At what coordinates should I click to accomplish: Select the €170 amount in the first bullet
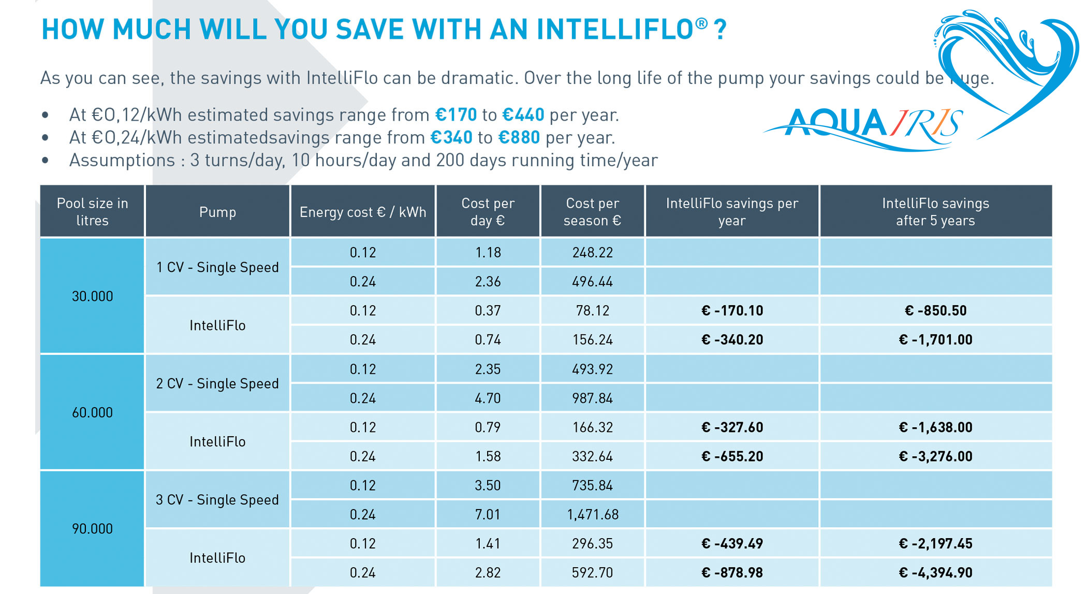pos(456,114)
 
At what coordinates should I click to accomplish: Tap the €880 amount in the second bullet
pos(519,137)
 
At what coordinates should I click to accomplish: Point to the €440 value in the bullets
pos(523,114)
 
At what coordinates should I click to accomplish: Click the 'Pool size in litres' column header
pos(92,212)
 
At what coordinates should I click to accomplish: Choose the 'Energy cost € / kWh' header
pos(362,212)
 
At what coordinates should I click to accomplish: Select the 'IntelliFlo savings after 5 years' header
pos(935,212)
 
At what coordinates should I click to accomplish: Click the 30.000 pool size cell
pos(92,296)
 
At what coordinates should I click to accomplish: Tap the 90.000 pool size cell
pos(92,529)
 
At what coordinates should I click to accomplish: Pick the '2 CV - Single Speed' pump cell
pos(217,384)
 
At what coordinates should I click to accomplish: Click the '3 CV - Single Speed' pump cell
pos(217,500)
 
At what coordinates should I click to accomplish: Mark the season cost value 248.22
pos(592,253)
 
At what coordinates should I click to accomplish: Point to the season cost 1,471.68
pos(592,514)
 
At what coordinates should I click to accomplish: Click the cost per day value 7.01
pos(488,514)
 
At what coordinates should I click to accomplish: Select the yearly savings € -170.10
pos(732,311)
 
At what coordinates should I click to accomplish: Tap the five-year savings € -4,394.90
pos(935,573)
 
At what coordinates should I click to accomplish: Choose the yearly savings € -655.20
pos(732,456)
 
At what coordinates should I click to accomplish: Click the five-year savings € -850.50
pos(935,311)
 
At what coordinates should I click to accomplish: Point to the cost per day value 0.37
pos(488,311)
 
